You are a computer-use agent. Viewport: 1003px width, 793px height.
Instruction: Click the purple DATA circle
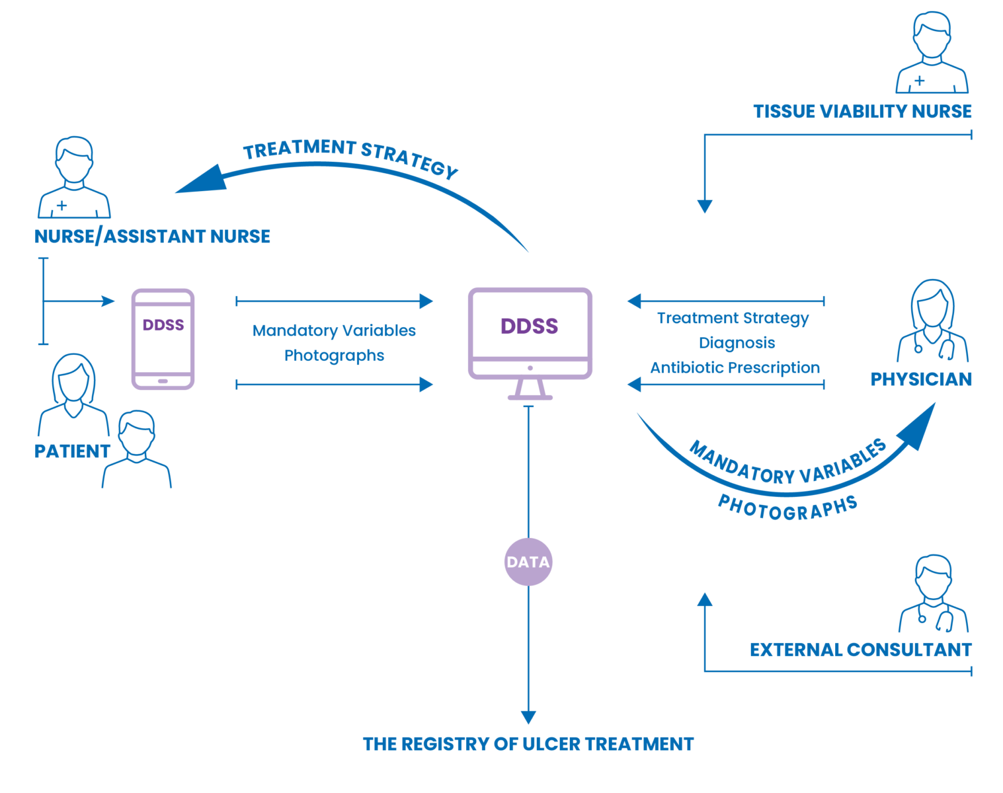(528, 562)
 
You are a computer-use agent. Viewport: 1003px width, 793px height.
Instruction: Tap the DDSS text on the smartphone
(163, 324)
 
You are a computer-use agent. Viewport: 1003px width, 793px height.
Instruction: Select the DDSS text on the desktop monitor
(529, 326)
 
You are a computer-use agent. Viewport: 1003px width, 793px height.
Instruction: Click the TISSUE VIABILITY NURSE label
(862, 112)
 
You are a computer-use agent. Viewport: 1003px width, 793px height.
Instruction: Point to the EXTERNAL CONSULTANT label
(861, 650)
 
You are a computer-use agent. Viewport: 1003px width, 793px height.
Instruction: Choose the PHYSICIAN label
(921, 379)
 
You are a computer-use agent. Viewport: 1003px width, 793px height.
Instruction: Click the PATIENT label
(72, 451)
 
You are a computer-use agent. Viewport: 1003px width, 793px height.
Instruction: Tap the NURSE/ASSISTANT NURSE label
(153, 237)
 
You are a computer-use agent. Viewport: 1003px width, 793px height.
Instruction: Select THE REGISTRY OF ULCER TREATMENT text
(528, 744)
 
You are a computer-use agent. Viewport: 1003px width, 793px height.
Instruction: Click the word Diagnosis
(737, 343)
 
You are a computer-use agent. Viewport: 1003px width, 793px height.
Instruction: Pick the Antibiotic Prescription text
(735, 367)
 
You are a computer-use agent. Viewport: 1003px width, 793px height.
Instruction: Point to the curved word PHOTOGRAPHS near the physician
(787, 509)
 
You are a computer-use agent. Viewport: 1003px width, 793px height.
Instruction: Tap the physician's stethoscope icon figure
(933, 321)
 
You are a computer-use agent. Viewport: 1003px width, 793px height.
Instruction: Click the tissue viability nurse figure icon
(932, 52)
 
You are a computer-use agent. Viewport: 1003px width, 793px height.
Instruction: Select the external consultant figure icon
(934, 593)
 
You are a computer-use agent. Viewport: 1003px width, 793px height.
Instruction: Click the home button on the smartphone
(163, 381)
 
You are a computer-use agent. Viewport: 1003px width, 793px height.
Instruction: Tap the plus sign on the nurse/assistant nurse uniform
(61, 206)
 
